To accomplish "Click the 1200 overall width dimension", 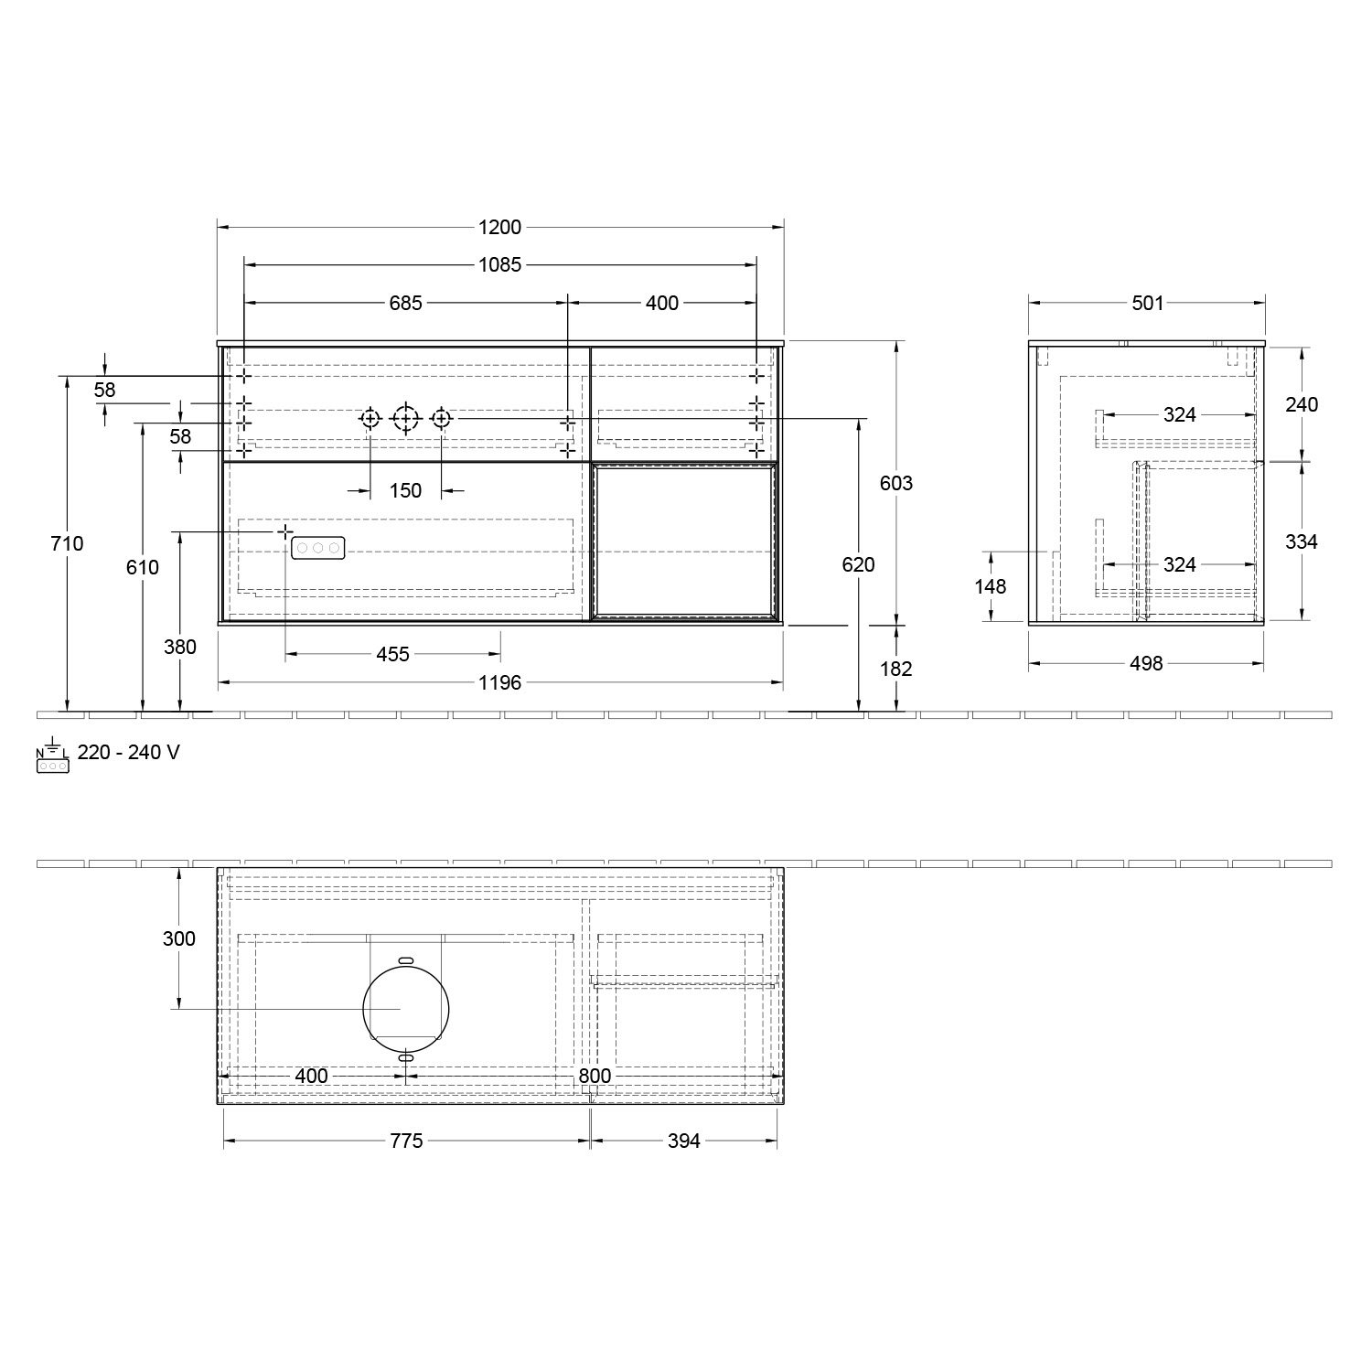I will pos(499,228).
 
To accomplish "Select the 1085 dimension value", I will pos(499,265).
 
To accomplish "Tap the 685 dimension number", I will pos(405,303).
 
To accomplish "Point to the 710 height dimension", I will pos(68,543).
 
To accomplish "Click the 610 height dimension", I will pos(143,567).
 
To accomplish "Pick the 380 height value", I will pos(180,647).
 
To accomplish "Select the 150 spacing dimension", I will pos(405,491).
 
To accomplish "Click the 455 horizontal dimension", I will pos(392,654).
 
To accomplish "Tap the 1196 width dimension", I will pos(499,682).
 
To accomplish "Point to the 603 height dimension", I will pos(896,483).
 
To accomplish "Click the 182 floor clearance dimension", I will pos(896,669).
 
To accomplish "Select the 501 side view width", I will pos(1147,303).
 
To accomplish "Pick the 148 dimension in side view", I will pos(991,586).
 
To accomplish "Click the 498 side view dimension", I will pos(1145,663).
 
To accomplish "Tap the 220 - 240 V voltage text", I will pos(128,753).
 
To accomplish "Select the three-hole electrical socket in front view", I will pos(317,548).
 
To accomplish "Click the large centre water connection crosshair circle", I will pos(405,419).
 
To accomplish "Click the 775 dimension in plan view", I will pos(406,1141).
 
